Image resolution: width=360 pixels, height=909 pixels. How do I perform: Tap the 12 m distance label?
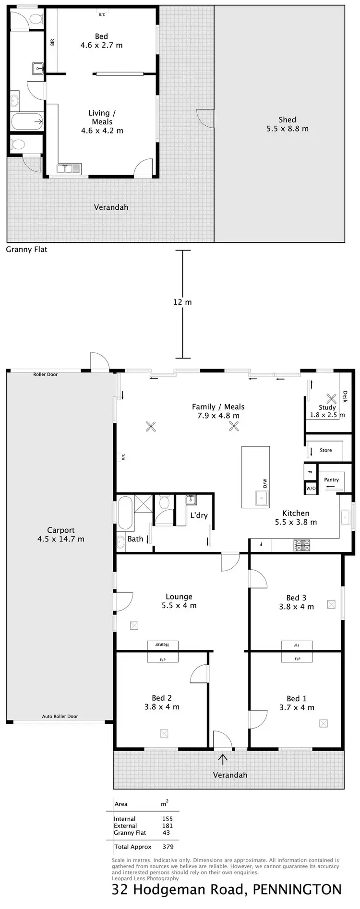tap(182, 302)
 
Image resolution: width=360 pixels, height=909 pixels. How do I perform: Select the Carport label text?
tap(60, 530)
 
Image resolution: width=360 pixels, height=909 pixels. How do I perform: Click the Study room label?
tap(327, 407)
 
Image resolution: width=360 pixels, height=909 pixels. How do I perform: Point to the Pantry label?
tap(331, 479)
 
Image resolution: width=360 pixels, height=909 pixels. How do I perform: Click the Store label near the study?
tap(325, 450)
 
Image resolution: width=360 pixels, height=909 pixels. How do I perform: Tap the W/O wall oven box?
tap(311, 489)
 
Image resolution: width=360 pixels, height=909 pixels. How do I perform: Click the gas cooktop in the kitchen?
tap(302, 545)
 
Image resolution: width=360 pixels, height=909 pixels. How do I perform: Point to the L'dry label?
tap(199, 515)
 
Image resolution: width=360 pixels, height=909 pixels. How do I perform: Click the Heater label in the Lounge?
tap(163, 645)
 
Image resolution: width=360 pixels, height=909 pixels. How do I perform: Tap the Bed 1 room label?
tap(297, 699)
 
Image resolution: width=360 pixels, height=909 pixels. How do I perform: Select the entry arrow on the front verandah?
tap(223, 759)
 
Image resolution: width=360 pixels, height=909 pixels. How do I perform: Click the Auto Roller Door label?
tap(60, 717)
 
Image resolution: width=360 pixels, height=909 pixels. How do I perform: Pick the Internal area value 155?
tap(167, 819)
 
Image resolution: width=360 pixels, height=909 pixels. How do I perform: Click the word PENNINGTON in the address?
tap(297, 889)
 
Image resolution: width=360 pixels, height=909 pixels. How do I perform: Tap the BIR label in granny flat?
tap(52, 42)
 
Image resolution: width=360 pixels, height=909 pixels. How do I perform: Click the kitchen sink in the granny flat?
tap(69, 168)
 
